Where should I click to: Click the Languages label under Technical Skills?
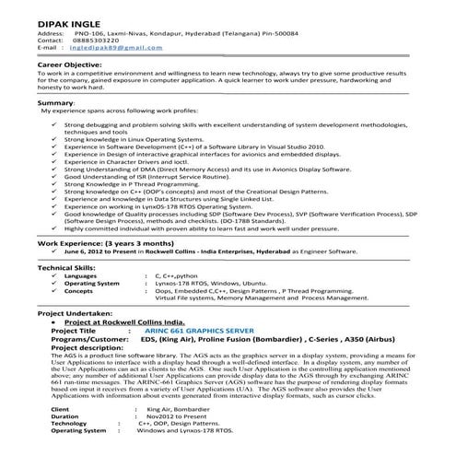[80, 275]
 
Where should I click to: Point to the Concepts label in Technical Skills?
[78, 290]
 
